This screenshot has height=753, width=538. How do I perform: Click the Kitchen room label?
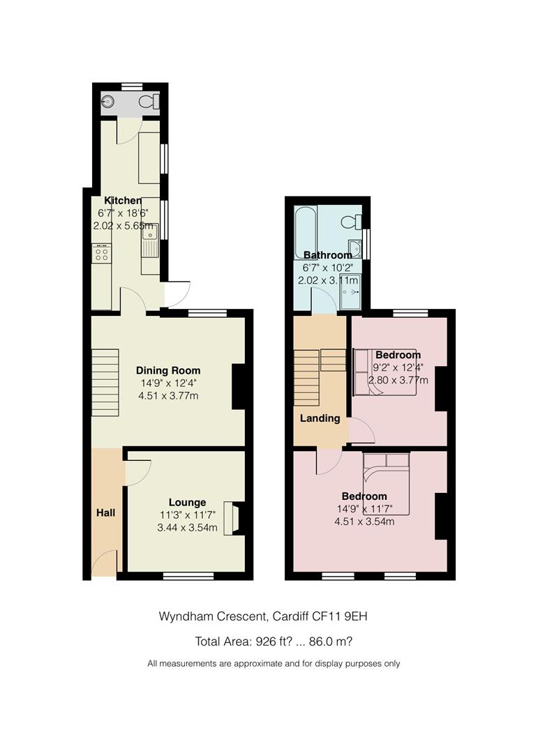[123, 200]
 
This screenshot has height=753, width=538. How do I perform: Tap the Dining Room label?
[167, 370]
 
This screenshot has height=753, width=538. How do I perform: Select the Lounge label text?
[187, 502]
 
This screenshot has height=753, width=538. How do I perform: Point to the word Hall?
[105, 513]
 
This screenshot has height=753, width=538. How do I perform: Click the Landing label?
[320, 418]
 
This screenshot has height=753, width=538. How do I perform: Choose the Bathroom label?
[327, 255]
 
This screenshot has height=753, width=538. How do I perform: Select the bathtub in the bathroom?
[305, 231]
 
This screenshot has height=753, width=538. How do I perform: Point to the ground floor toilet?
[149, 102]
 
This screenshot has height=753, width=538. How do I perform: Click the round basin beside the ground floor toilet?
[108, 101]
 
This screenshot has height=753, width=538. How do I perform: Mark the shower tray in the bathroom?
[350, 291]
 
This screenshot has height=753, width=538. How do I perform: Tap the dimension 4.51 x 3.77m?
[168, 396]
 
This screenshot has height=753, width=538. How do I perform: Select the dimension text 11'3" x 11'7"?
[188, 515]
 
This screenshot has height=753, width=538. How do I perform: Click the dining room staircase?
[105, 382]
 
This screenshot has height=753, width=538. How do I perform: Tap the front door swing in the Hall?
[105, 563]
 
